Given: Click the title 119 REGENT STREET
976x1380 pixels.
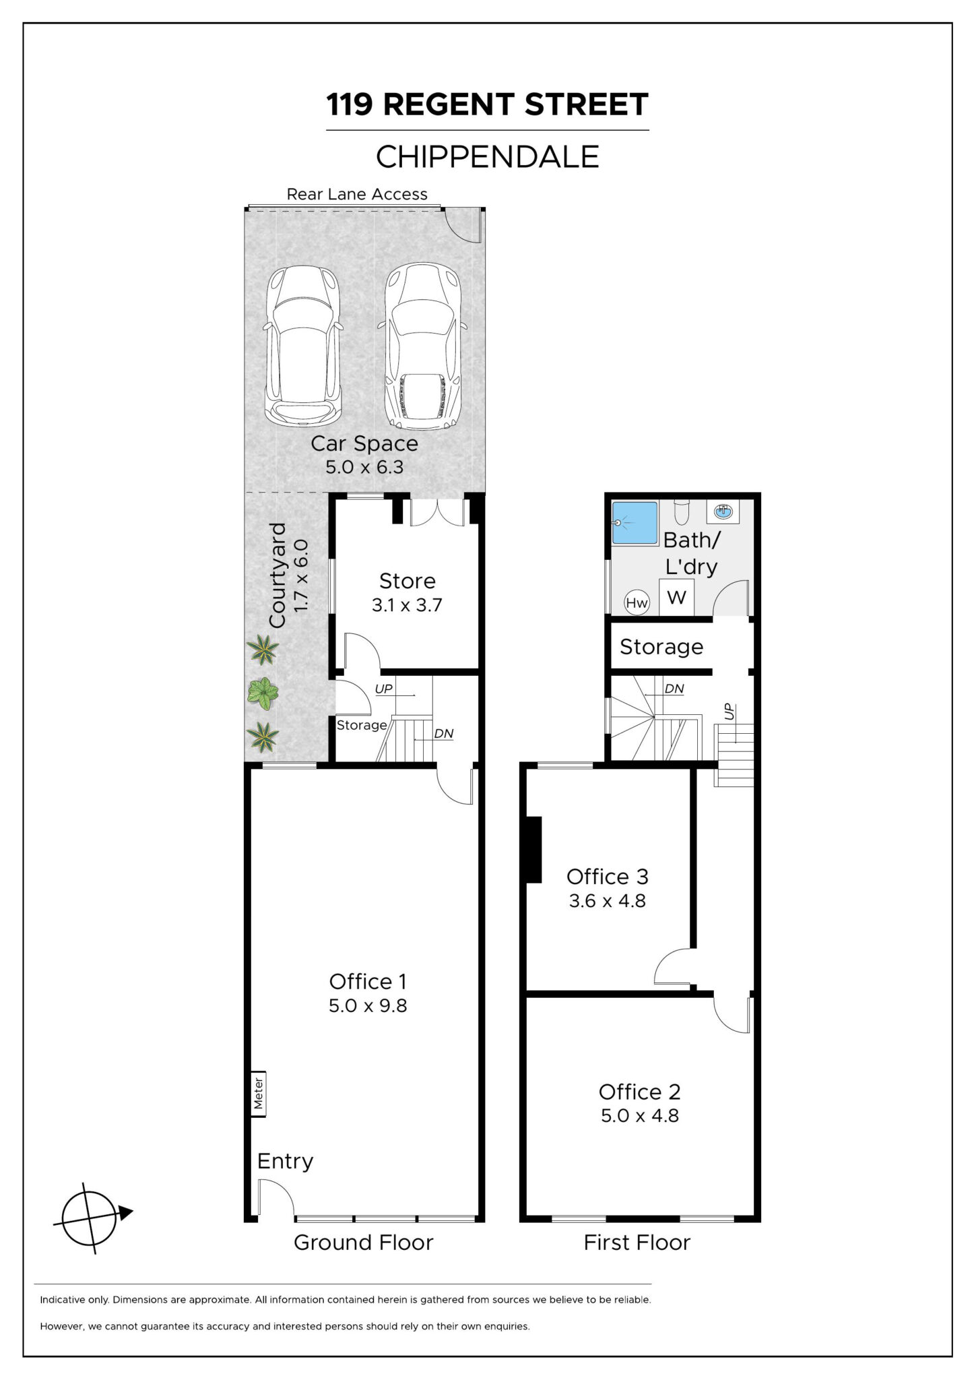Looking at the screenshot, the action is [x=487, y=104].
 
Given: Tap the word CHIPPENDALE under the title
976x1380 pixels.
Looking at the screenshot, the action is [x=487, y=157].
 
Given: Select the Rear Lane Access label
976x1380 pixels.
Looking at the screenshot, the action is [x=357, y=194].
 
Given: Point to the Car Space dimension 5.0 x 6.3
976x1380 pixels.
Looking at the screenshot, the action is [x=364, y=467].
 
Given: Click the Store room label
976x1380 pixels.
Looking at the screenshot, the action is [x=407, y=581].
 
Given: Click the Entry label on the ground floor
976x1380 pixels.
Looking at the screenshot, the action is [x=285, y=1161].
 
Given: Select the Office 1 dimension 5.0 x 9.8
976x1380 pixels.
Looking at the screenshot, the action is [x=368, y=1006].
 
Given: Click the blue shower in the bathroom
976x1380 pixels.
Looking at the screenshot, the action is [x=634, y=523].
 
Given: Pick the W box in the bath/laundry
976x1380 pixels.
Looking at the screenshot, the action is [x=676, y=597].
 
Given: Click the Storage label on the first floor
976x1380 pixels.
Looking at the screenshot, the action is [x=661, y=647].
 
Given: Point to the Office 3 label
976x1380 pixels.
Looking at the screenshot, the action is [x=607, y=877].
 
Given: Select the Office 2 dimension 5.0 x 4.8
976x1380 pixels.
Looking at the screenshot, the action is [x=640, y=1116].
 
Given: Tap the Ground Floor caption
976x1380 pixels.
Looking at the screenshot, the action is [x=363, y=1243].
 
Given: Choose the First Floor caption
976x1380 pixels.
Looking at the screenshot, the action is [x=637, y=1243].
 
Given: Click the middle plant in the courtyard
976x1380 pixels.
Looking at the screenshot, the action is [x=263, y=693].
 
